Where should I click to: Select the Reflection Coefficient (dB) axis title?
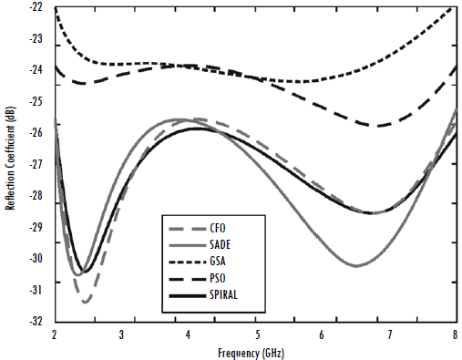(10, 164)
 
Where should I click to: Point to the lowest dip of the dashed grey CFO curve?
(86, 302)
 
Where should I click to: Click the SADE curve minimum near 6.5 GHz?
(355, 266)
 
